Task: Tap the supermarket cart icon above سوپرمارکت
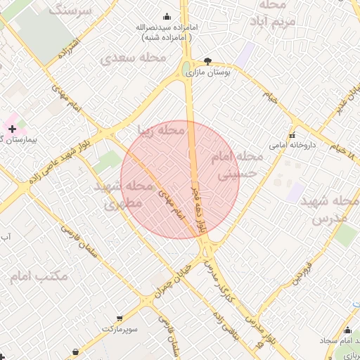coord(120,318)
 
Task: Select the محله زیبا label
coord(161,131)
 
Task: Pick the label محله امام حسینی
coord(240,163)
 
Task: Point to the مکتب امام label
coord(39,276)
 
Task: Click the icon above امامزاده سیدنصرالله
coord(167,16)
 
